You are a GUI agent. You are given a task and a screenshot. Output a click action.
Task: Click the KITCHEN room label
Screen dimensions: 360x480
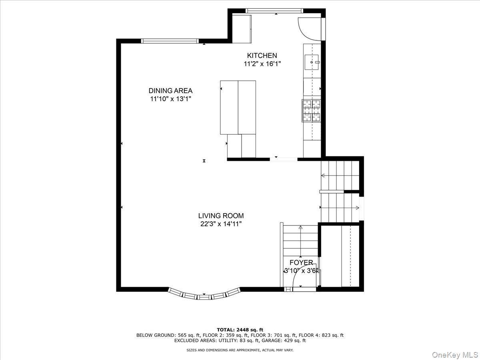262,56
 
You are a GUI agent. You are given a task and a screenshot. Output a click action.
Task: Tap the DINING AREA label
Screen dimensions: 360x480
170,90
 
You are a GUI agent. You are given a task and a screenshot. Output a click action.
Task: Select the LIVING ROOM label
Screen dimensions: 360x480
221,216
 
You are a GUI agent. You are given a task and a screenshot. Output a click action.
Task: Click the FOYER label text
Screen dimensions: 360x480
301,262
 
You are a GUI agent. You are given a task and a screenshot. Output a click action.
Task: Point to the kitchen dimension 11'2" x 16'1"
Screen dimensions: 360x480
262,64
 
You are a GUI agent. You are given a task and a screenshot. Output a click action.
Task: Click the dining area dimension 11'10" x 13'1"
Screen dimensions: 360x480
170,99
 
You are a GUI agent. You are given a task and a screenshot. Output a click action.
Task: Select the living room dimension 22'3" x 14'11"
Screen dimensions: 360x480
221,224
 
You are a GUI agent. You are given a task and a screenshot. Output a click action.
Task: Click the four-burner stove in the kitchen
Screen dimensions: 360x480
312,110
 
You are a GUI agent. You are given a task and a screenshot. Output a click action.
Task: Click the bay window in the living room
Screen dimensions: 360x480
204,295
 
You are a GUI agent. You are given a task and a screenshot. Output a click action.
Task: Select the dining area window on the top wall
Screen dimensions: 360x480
170,41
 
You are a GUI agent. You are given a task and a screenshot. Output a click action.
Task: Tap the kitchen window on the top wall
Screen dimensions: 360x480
274,10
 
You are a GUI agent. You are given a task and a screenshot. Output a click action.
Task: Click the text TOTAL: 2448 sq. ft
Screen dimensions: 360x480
240,330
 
